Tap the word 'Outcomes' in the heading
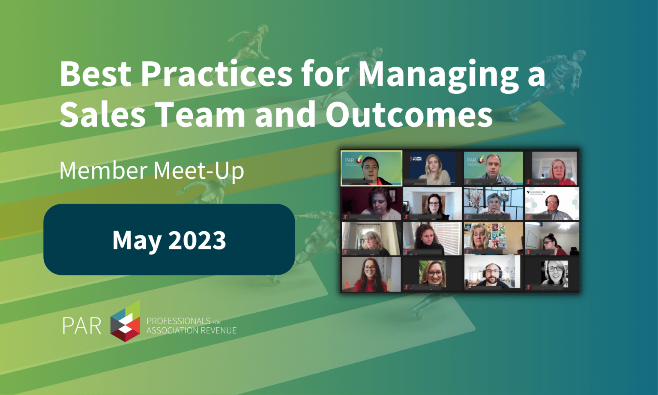click(x=409, y=114)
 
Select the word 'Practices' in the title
click(x=216, y=74)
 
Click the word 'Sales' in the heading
click(x=102, y=114)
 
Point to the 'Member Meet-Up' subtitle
click(x=152, y=171)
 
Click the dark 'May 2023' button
click(x=169, y=239)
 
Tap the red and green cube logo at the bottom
click(x=125, y=321)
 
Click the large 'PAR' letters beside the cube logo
click(x=81, y=326)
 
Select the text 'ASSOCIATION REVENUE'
click(x=191, y=330)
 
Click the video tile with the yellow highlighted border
click(x=371, y=168)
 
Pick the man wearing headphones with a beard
click(x=493, y=274)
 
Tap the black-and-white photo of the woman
click(x=553, y=273)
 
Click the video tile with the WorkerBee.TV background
click(x=552, y=203)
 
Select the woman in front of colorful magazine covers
click(x=493, y=238)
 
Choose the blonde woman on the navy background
click(x=433, y=168)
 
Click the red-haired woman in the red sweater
click(x=371, y=274)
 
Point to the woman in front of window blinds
click(x=432, y=238)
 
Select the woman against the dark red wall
click(x=371, y=203)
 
